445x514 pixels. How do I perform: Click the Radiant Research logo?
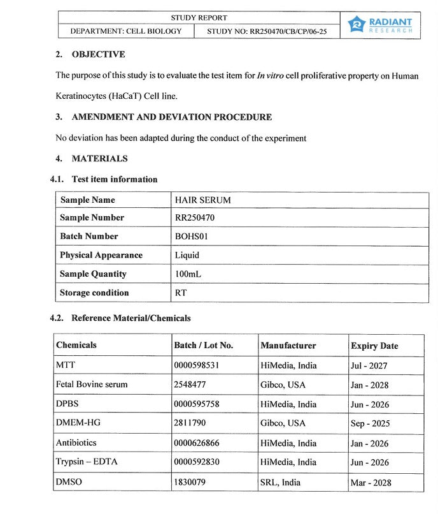tap(380, 25)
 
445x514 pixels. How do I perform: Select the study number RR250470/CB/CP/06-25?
tap(267, 31)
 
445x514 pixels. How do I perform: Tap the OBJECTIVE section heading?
tap(98, 54)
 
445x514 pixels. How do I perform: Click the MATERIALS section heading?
tap(99, 159)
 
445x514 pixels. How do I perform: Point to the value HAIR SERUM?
tap(203, 200)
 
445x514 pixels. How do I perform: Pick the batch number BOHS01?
tap(192, 236)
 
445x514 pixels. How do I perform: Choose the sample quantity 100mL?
tap(189, 274)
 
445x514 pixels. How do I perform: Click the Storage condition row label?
tap(94, 293)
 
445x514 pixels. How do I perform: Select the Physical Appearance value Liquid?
tap(187, 255)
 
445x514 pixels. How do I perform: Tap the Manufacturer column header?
tap(288, 346)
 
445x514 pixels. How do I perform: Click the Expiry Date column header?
tap(374, 346)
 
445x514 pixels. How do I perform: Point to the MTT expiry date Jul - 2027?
tap(369, 366)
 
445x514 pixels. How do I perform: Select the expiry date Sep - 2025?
tap(370, 423)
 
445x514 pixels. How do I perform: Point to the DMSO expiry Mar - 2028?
tap(371, 482)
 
